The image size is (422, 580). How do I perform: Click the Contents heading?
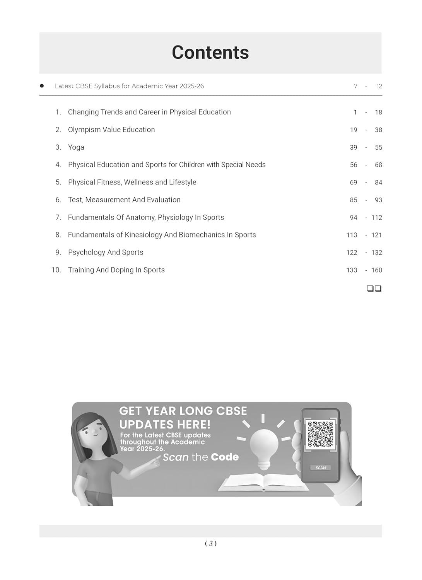click(x=210, y=53)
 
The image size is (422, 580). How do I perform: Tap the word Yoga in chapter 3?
click(x=76, y=147)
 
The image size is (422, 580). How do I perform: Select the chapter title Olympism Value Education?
click(x=111, y=130)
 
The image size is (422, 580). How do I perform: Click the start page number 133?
click(x=352, y=270)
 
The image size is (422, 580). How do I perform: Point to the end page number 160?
click(x=376, y=270)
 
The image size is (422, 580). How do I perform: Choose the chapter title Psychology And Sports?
click(x=106, y=252)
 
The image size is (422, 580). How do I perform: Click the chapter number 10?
click(x=56, y=270)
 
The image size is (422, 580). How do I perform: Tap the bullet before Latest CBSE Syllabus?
click(x=42, y=86)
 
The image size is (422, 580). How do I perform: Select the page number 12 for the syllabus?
click(x=379, y=86)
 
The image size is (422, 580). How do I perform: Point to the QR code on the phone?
click(x=320, y=434)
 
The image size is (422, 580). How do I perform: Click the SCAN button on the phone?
click(x=321, y=467)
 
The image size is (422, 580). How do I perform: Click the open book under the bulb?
click(x=264, y=483)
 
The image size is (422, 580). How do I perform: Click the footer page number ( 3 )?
click(x=210, y=543)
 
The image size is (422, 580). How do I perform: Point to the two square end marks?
click(x=374, y=288)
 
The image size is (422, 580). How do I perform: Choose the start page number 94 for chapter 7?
click(x=353, y=218)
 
